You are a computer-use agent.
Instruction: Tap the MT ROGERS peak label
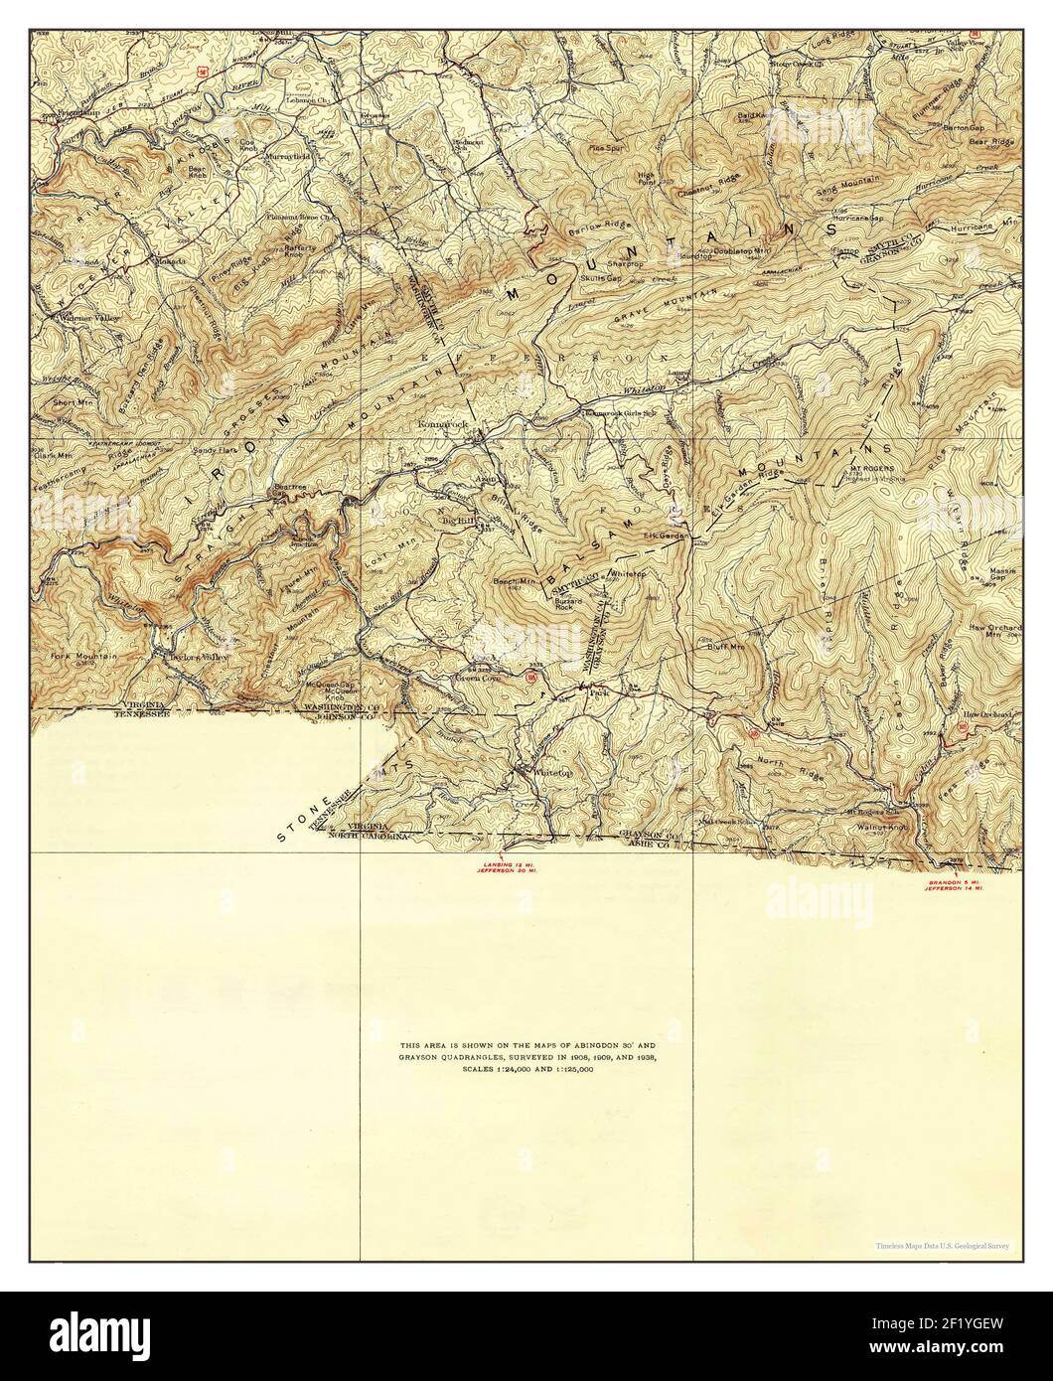click(x=871, y=467)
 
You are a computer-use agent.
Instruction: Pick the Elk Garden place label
click(x=665, y=537)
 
